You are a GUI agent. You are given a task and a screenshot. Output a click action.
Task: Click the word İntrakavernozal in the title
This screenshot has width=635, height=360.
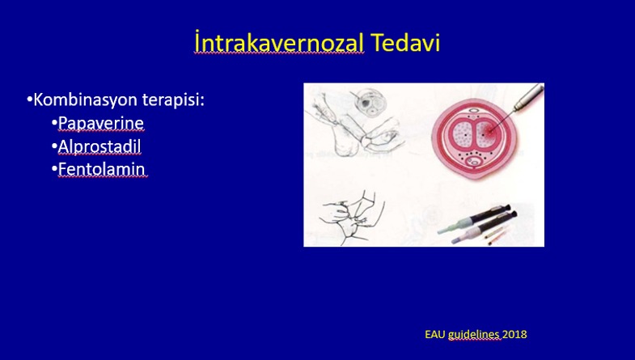pyautogui.click(x=279, y=43)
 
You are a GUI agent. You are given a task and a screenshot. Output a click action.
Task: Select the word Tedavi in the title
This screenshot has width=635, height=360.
pyautogui.click(x=405, y=43)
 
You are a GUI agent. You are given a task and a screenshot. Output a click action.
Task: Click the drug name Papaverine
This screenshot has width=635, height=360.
pyautogui.click(x=101, y=123)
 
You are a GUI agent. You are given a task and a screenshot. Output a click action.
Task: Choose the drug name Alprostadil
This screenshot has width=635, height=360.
pyautogui.click(x=99, y=146)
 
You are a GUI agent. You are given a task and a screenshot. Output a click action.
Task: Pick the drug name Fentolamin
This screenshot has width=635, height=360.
pyautogui.click(x=101, y=169)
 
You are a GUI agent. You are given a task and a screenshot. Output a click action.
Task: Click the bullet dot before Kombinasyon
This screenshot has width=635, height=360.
pyautogui.click(x=29, y=100)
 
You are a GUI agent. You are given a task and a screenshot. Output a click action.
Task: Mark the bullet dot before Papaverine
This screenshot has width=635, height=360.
pyautogui.click(x=54, y=122)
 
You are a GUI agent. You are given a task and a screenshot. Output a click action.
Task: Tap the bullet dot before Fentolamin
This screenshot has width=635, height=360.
pyautogui.click(x=54, y=168)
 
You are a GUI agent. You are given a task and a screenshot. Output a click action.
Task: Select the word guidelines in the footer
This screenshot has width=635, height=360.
pyautogui.click(x=474, y=335)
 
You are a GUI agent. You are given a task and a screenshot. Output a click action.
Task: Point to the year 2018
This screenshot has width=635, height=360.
pyautogui.click(x=514, y=334)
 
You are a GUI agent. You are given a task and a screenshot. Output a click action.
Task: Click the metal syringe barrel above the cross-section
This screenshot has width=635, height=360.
pyautogui.click(x=529, y=96)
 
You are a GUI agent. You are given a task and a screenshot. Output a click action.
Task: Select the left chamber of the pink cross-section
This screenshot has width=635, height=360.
pyautogui.click(x=462, y=134)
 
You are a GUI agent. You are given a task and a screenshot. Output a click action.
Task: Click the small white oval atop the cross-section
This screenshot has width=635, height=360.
pyautogui.click(x=473, y=110)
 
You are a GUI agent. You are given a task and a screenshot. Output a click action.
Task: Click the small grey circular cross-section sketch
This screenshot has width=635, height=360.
pyautogui.click(x=370, y=101)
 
